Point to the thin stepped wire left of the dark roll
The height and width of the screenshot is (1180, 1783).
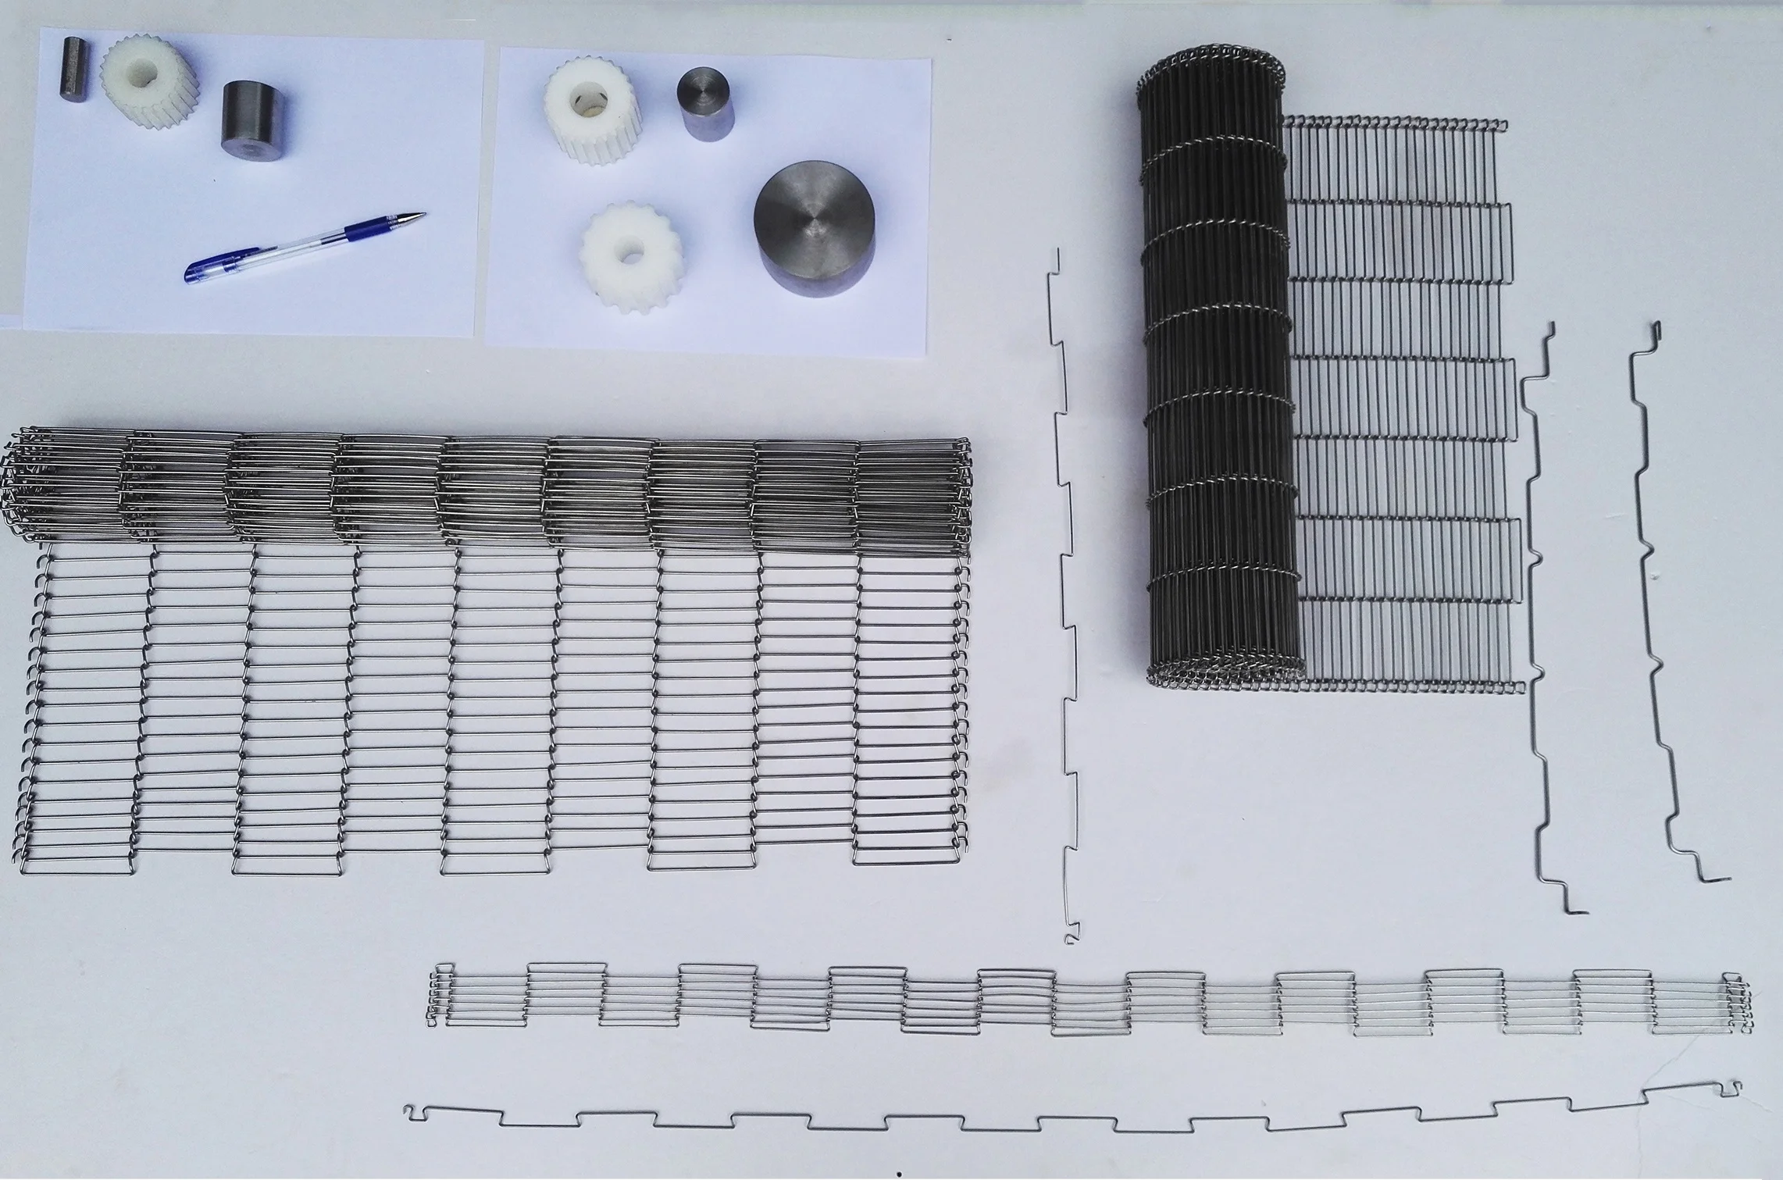click(x=1065, y=594)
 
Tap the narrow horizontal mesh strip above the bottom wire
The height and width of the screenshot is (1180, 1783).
click(x=1086, y=1003)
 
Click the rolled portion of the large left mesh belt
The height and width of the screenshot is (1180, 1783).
click(x=484, y=488)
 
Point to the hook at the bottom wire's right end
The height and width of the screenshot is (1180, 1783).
click(x=1730, y=1086)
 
